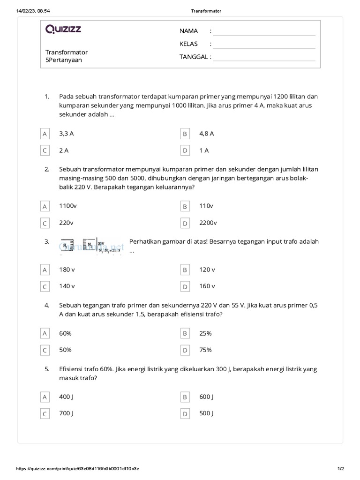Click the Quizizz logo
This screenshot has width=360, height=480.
63,30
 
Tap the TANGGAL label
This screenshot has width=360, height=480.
195,57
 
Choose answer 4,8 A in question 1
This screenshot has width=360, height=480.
206,134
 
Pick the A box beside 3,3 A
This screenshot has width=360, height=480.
45,134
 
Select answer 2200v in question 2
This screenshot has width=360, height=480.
208,223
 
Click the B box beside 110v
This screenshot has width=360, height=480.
185,206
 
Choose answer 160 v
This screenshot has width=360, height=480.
207,286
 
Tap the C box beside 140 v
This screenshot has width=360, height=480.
45,286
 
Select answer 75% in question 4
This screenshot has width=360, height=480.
205,350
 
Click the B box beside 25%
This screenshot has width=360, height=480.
185,333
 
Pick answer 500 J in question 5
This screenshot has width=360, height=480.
206,413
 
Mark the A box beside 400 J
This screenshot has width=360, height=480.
45,397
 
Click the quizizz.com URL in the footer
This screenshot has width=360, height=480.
77,468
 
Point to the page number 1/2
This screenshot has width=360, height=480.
340,468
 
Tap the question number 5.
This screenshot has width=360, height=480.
47,369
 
